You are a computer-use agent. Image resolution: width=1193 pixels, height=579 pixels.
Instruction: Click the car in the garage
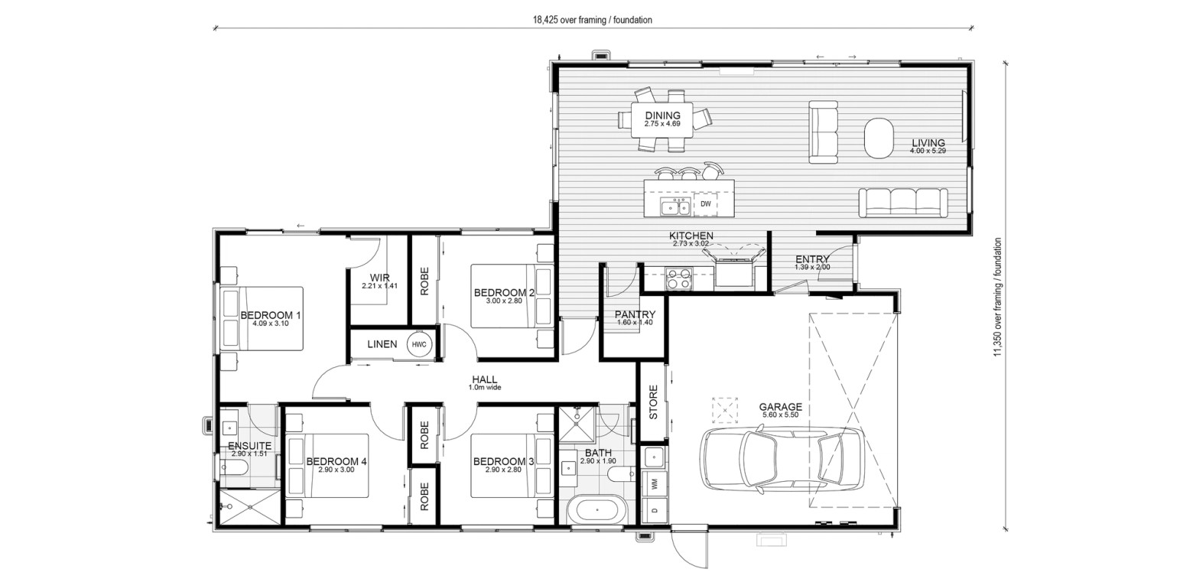782,459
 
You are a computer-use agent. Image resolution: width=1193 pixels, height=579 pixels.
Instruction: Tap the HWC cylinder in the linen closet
419,345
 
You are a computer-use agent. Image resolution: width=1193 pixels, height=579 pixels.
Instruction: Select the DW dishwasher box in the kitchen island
706,204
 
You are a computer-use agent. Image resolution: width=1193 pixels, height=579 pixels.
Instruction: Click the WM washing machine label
655,483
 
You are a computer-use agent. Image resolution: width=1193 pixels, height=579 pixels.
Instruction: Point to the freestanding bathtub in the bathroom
596,509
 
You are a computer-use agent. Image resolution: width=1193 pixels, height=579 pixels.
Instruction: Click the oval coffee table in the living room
878,138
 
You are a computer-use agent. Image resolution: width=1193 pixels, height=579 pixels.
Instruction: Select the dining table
662,120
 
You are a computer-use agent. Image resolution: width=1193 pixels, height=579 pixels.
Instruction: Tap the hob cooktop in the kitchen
679,278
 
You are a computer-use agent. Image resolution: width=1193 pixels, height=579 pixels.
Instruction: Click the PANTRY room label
635,314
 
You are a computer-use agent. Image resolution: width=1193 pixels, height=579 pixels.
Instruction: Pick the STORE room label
654,402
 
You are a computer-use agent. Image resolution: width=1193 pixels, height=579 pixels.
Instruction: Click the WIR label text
380,278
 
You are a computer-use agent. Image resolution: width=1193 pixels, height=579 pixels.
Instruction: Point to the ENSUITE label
250,446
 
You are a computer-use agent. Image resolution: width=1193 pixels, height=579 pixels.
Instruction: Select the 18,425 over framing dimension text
592,20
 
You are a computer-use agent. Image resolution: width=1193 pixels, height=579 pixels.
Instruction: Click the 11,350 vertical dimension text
997,297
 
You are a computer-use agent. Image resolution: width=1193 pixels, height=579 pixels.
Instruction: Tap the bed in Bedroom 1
262,318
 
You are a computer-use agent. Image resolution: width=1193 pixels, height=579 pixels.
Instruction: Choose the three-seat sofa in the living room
902,203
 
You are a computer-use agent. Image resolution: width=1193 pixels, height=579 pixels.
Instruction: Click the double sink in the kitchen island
676,207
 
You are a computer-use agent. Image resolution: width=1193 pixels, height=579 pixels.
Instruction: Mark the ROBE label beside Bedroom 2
424,281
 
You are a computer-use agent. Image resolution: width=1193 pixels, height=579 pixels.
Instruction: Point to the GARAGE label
780,407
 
